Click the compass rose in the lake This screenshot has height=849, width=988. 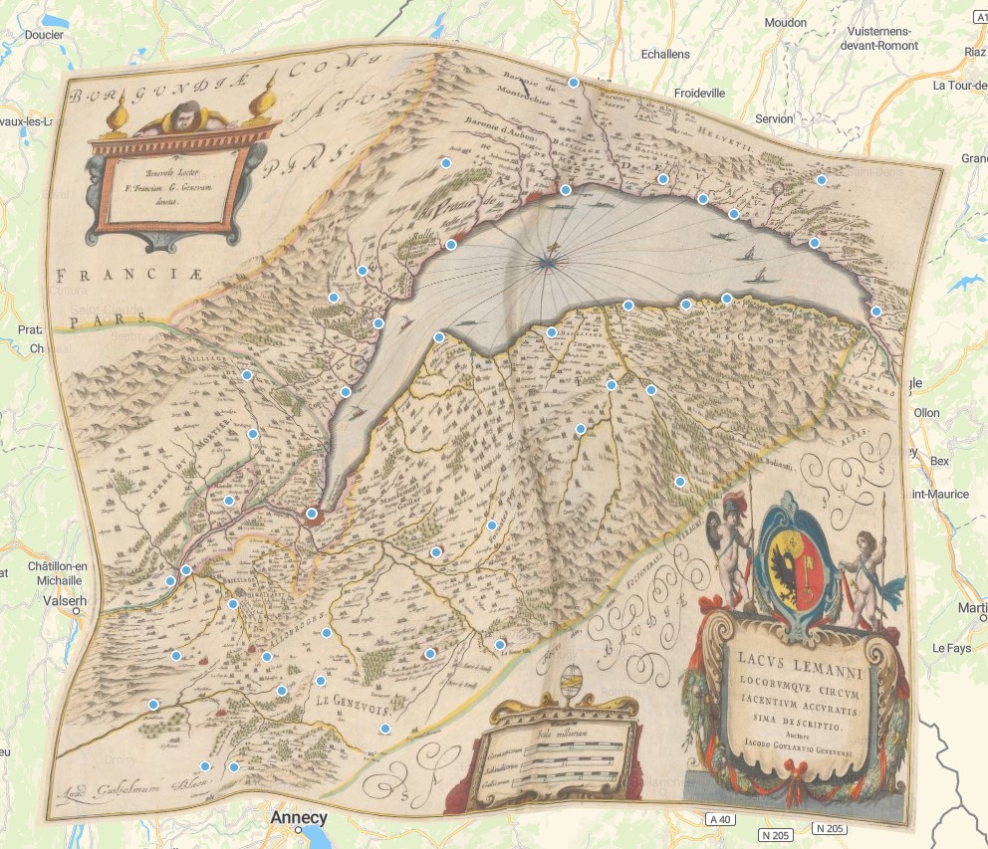[x=545, y=263]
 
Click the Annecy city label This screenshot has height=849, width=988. [x=299, y=818]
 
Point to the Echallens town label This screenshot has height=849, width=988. [x=665, y=54]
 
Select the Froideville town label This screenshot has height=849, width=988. [x=700, y=93]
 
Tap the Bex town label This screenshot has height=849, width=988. [x=939, y=462]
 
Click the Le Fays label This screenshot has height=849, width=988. [x=951, y=648]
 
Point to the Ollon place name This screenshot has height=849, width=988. [x=926, y=412]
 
